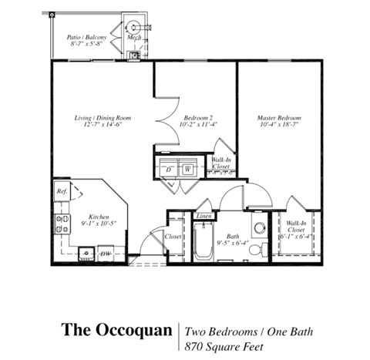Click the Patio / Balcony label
tap(86, 36)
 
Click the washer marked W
tap(187, 167)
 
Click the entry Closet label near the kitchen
tap(173, 237)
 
